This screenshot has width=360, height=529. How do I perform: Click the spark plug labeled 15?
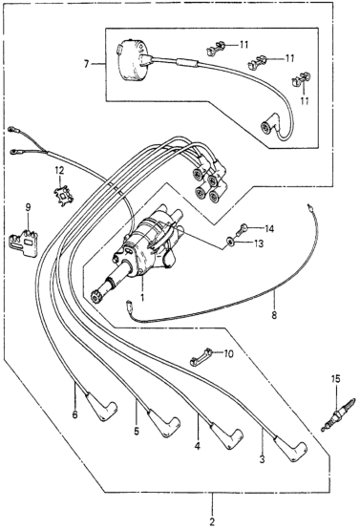click(337, 415)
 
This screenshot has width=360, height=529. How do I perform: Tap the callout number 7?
click(86, 63)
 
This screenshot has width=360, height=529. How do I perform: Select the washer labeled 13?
click(230, 242)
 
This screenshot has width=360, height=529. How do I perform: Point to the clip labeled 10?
click(201, 357)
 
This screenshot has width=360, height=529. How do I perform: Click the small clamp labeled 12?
click(63, 196)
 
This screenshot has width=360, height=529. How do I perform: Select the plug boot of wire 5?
click(164, 423)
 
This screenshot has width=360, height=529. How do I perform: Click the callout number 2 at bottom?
click(212, 521)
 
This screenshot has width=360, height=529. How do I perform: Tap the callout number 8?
click(274, 315)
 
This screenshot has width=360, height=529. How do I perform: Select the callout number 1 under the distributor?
click(142, 298)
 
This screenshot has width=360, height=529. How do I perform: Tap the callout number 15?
click(336, 379)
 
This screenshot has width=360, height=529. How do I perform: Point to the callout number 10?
click(228, 354)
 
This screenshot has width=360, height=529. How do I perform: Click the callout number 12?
click(59, 171)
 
